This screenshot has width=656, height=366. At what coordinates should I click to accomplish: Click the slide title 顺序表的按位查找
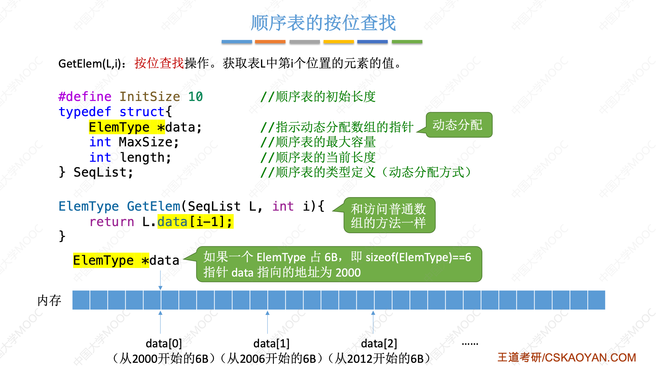323,23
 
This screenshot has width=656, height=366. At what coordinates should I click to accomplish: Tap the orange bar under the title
270,42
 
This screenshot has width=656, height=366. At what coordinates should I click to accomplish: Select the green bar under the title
407,42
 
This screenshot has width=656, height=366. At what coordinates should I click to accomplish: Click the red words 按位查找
159,63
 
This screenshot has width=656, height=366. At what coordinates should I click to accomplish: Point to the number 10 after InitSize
195,96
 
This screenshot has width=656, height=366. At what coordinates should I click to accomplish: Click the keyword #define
85,96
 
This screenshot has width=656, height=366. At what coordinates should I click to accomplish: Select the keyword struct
142,112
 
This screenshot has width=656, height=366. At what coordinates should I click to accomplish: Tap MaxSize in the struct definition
146,142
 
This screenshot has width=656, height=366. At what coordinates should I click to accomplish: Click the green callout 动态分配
458,125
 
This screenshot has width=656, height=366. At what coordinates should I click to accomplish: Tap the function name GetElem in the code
153,206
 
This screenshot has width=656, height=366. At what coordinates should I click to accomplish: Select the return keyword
111,222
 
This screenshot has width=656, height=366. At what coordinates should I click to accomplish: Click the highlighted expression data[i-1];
195,222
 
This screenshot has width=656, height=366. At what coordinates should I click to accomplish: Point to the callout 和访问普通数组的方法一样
389,215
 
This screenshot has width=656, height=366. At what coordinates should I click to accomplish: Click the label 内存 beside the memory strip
49,300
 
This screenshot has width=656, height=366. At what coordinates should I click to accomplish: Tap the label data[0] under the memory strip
164,343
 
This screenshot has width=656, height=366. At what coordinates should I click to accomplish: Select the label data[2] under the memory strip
379,343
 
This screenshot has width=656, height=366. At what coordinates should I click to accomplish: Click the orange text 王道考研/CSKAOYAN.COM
566,357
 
